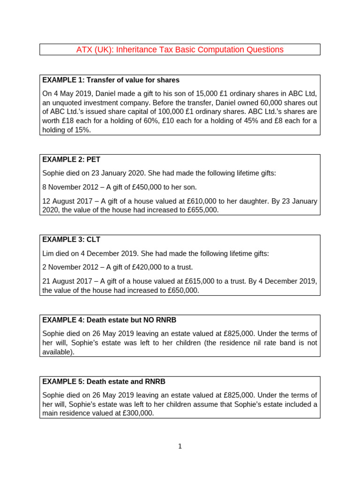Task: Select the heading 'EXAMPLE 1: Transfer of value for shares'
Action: pos(111,80)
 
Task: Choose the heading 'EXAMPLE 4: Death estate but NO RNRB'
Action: pos(109,320)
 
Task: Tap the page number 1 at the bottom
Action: pos(180,446)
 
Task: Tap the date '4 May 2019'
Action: pos(70,93)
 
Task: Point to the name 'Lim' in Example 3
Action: pos(48,254)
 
